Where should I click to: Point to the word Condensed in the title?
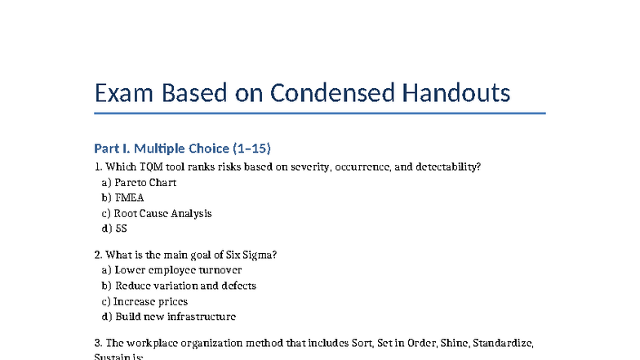332,93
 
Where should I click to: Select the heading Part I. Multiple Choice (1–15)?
182,149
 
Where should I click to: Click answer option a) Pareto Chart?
139,182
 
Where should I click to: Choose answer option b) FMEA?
123,198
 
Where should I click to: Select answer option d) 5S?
114,229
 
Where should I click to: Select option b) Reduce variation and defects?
179,286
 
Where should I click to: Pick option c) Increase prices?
144,301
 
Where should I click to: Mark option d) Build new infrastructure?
169,317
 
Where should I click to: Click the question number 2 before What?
98,254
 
